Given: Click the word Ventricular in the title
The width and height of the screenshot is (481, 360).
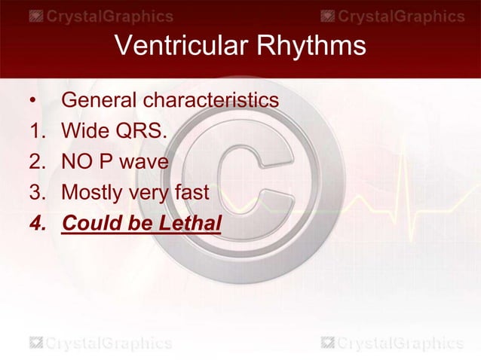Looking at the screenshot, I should (177, 47).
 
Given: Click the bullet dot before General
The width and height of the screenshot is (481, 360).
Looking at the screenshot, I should (32, 100).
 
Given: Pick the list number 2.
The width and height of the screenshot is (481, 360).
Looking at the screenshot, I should (37, 161).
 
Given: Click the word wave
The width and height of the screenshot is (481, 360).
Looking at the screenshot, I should (148, 161).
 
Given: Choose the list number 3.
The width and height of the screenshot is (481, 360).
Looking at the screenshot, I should (37, 192).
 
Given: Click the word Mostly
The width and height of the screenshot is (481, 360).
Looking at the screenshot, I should (93, 193).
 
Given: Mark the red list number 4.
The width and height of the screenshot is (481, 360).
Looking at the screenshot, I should (37, 223).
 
